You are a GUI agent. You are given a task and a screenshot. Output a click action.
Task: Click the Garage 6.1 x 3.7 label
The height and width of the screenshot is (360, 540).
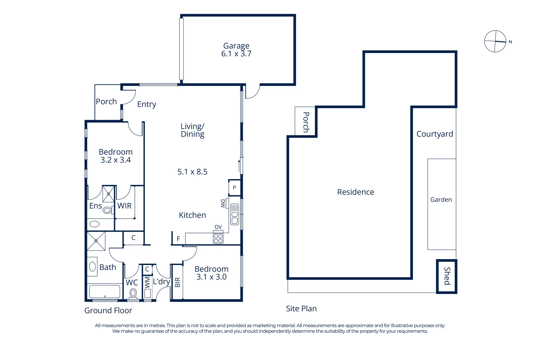coord(236,50)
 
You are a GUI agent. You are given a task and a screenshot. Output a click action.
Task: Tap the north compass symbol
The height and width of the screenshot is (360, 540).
coord(495,41)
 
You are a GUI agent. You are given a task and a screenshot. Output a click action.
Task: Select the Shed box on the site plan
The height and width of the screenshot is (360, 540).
coord(447,276)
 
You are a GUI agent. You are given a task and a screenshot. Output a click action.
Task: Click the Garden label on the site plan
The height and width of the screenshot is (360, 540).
coord(441,200)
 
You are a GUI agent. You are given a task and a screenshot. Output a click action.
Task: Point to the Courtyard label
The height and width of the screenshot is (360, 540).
coord(435,134)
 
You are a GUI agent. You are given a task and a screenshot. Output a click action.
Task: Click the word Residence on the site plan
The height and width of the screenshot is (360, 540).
coord(356,192)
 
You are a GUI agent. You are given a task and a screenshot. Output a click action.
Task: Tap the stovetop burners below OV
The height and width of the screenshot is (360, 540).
coord(218,239)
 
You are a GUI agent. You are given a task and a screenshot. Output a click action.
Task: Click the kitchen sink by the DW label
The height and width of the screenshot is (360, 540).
coord(234,214)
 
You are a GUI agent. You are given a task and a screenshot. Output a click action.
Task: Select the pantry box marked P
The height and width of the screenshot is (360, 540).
coord(234,188)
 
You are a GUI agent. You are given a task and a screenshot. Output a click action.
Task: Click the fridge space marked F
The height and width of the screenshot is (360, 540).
coord(178,239)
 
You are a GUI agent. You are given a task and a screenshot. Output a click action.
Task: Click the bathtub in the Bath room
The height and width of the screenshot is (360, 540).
coord(105,292)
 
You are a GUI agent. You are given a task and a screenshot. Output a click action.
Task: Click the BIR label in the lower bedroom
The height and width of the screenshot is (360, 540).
coord(177,282)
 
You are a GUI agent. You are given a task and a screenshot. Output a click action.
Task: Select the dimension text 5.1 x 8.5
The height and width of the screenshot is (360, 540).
coord(192,172)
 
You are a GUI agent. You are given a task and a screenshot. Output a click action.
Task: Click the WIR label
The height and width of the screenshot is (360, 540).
coord(124,206)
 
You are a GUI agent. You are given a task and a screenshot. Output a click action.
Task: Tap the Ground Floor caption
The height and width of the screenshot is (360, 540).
coord(108,311)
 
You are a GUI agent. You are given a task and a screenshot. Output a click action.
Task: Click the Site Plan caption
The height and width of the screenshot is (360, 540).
coord(301,309)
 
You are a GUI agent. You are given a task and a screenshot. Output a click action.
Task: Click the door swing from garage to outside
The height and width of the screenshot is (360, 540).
coord(252,92)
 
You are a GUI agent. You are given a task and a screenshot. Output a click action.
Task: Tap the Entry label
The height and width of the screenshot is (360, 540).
coord(147,104)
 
